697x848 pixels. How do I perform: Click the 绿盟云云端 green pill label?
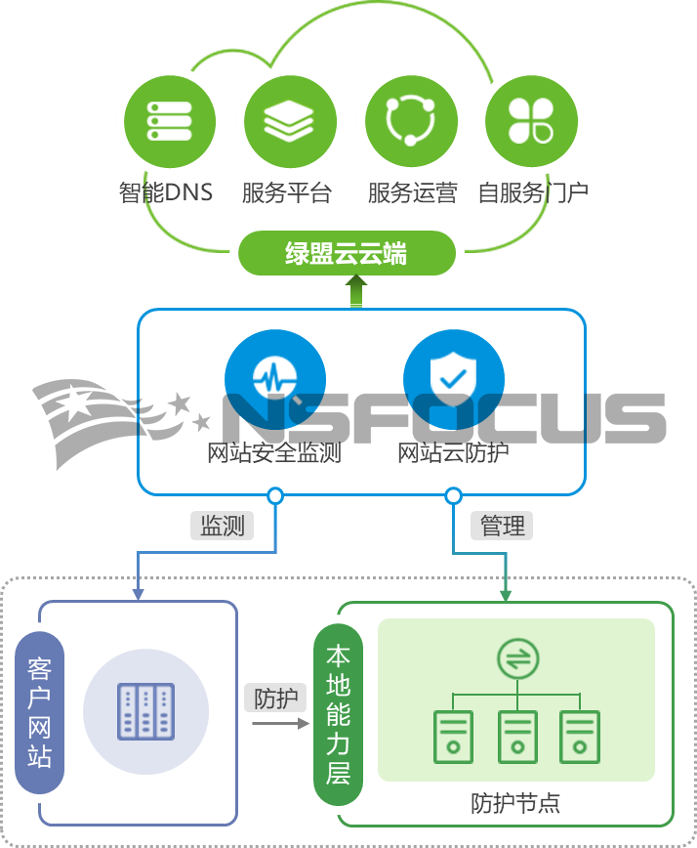pyautogui.click(x=347, y=255)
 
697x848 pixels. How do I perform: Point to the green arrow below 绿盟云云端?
pyautogui.click(x=356, y=293)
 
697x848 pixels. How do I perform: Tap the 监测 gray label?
pyautogui.click(x=222, y=526)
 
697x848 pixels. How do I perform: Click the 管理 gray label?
pyautogui.click(x=503, y=526)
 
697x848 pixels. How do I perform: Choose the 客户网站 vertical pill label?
pyautogui.click(x=39, y=713)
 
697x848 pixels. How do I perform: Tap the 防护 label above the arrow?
pyautogui.click(x=275, y=700)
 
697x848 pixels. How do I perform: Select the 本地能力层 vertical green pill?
pyautogui.click(x=338, y=713)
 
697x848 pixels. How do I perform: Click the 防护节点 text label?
pyautogui.click(x=515, y=804)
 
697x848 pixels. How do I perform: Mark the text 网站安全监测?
pyautogui.click(x=274, y=453)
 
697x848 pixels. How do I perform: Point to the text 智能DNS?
pyautogui.click(x=165, y=192)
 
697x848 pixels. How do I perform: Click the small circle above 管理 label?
pyautogui.click(x=453, y=496)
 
